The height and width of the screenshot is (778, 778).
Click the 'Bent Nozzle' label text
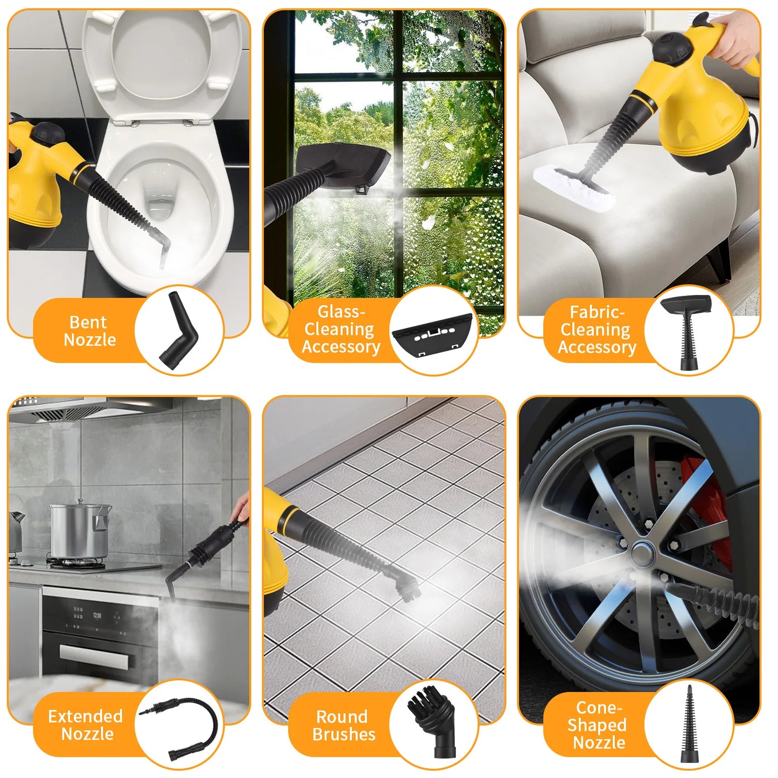tap(89, 331)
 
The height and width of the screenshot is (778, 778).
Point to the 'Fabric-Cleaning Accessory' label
tap(597, 330)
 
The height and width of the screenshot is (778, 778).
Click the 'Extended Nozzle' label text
tap(86, 725)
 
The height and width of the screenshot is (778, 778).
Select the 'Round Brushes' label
tap(343, 725)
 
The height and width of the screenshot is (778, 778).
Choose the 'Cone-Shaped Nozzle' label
tap(598, 725)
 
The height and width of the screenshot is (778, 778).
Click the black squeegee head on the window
tap(343, 164)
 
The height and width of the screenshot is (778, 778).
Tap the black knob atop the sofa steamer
tap(672, 47)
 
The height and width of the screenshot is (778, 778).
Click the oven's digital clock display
tap(97, 615)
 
